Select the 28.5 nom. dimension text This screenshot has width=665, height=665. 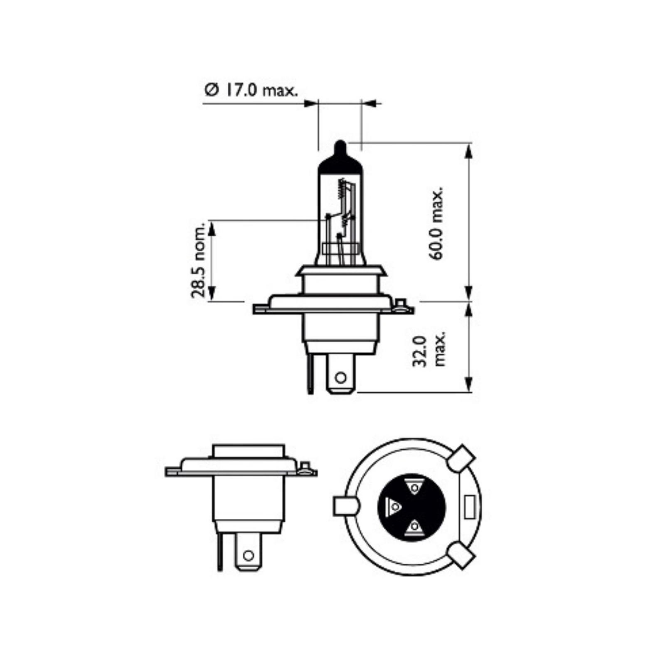(x=198, y=260)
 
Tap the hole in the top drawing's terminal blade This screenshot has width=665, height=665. (x=340, y=378)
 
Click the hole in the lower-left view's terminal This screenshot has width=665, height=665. (x=248, y=555)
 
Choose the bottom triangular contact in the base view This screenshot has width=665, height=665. (x=414, y=527)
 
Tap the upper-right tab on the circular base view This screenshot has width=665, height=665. (x=461, y=458)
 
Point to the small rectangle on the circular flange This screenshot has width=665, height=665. (x=471, y=507)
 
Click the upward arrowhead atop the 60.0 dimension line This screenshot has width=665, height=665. (x=469, y=150)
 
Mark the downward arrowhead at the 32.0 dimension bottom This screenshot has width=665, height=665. (x=469, y=384)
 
